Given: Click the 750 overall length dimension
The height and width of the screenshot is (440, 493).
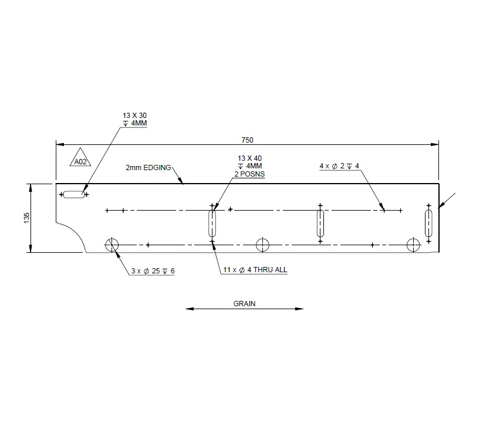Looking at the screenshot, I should click(247, 140).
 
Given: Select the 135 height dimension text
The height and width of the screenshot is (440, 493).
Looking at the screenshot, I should click(26, 218).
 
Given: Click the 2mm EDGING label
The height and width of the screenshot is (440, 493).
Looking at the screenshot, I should click(148, 167).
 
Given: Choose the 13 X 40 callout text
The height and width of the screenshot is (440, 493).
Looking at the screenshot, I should click(249, 158).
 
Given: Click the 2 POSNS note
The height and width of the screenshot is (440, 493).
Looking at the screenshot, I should click(249, 175).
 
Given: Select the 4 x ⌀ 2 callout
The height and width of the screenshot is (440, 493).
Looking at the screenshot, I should click(339, 166).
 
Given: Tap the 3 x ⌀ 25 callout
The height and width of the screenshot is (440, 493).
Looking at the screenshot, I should click(153, 270).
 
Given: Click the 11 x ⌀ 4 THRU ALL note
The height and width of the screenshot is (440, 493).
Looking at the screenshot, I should click(255, 270).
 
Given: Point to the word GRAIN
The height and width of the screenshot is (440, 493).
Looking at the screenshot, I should click(245, 304).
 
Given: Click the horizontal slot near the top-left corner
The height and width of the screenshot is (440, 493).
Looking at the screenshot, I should click(74, 195).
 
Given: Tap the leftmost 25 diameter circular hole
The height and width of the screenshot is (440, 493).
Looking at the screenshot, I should click(111, 245).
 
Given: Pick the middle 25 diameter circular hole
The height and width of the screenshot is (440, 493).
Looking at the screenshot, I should click(262, 245).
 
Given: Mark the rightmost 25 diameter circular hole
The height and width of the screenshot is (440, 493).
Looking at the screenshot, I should click(414, 245).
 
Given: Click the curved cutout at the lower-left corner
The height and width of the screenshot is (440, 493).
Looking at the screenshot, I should click(74, 235).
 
